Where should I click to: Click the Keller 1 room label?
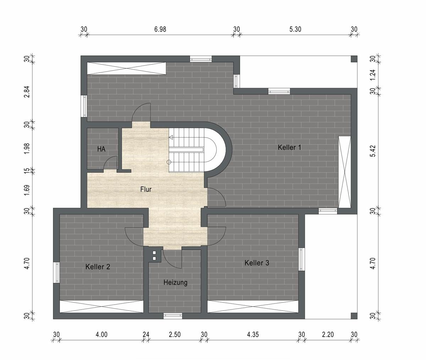tap(289, 147)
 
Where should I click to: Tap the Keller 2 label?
tap(98, 267)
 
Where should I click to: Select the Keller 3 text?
tap(257, 263)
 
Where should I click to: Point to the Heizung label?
tap(175, 283)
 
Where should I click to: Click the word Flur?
tap(146, 189)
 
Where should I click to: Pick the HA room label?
tap(102, 149)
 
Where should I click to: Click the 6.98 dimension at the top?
tap(160, 29)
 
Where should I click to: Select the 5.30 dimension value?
tap(295, 29)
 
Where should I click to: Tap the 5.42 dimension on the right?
tap(372, 151)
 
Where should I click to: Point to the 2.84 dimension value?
tap(27, 92)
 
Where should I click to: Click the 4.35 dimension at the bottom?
tap(253, 334)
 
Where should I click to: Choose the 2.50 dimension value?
tap(175, 334)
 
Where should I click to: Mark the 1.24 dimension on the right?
tap(372, 75)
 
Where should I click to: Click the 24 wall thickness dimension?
tap(146, 334)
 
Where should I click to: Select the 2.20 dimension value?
tap(328, 334)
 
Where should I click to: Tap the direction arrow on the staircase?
tap(171, 137)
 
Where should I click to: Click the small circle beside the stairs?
tap(169, 162)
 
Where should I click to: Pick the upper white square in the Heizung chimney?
tap(154, 253)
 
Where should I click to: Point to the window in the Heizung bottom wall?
tap(173, 316)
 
